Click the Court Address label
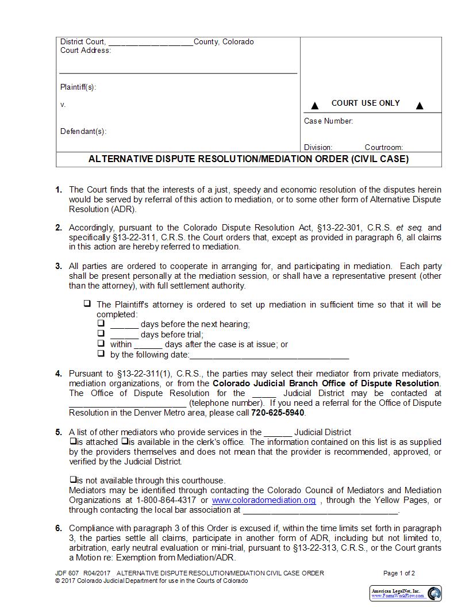(x=86, y=51)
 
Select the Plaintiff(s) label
(x=78, y=87)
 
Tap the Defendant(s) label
(x=83, y=132)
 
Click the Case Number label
(x=328, y=121)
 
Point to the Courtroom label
(x=383, y=147)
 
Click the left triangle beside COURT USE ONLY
(x=314, y=106)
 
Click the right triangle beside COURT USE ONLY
(x=420, y=106)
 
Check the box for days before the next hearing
(x=101, y=324)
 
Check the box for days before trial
(x=101, y=333)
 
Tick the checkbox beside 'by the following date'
(x=101, y=354)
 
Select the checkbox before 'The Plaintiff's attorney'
(x=87, y=303)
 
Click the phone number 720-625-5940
(x=278, y=413)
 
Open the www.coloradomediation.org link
(x=264, y=500)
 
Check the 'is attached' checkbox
(x=73, y=441)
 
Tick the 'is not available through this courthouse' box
(x=73, y=479)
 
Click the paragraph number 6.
(x=59, y=528)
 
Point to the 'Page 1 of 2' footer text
(x=399, y=573)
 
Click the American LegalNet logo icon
(x=435, y=593)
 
